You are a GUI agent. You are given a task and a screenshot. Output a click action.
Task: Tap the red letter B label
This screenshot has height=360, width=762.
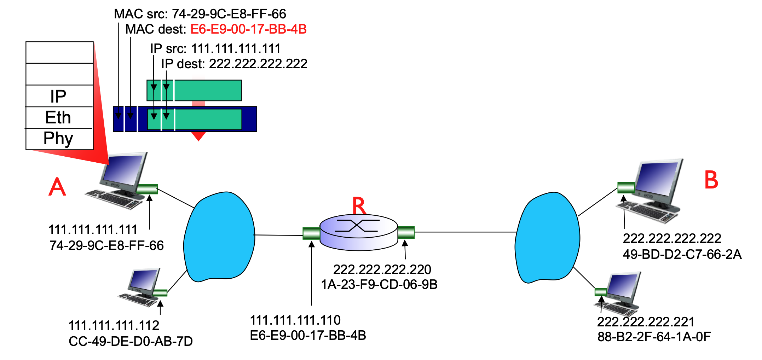coord(711,180)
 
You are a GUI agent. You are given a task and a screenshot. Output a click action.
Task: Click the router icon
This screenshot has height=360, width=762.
coord(359,232)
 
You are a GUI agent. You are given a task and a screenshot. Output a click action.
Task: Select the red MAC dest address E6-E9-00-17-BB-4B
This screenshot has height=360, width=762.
coord(248,29)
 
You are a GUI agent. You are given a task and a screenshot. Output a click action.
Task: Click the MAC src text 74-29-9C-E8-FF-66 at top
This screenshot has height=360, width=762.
coord(229,14)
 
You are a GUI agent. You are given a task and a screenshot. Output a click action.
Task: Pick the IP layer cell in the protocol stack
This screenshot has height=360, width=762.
coord(59,96)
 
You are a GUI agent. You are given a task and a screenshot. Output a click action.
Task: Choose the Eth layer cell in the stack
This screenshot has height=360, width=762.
coord(59,117)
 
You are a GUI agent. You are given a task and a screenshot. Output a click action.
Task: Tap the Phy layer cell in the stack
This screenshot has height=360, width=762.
coord(59,139)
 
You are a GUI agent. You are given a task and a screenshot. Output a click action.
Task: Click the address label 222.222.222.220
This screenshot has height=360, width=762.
coord(382,269)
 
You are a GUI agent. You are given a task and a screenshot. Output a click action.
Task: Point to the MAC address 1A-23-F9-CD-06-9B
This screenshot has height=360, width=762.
coord(379,284)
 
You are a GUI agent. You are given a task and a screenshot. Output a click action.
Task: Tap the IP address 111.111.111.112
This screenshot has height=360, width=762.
coord(114,325)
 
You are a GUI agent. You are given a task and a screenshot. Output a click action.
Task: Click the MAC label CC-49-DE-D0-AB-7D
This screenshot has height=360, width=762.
coord(131,341)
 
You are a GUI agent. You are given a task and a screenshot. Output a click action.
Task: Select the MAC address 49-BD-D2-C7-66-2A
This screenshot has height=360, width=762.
coord(682,254)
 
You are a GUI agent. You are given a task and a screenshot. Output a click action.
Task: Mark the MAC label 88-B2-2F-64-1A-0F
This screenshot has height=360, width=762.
coord(654,337)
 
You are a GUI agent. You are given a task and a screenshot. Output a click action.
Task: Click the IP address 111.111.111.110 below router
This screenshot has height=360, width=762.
coord(295,320)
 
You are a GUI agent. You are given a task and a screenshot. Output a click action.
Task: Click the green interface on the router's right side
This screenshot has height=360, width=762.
coord(406,233)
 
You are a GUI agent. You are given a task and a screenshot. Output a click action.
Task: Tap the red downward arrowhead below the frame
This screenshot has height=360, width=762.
coord(198,136)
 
